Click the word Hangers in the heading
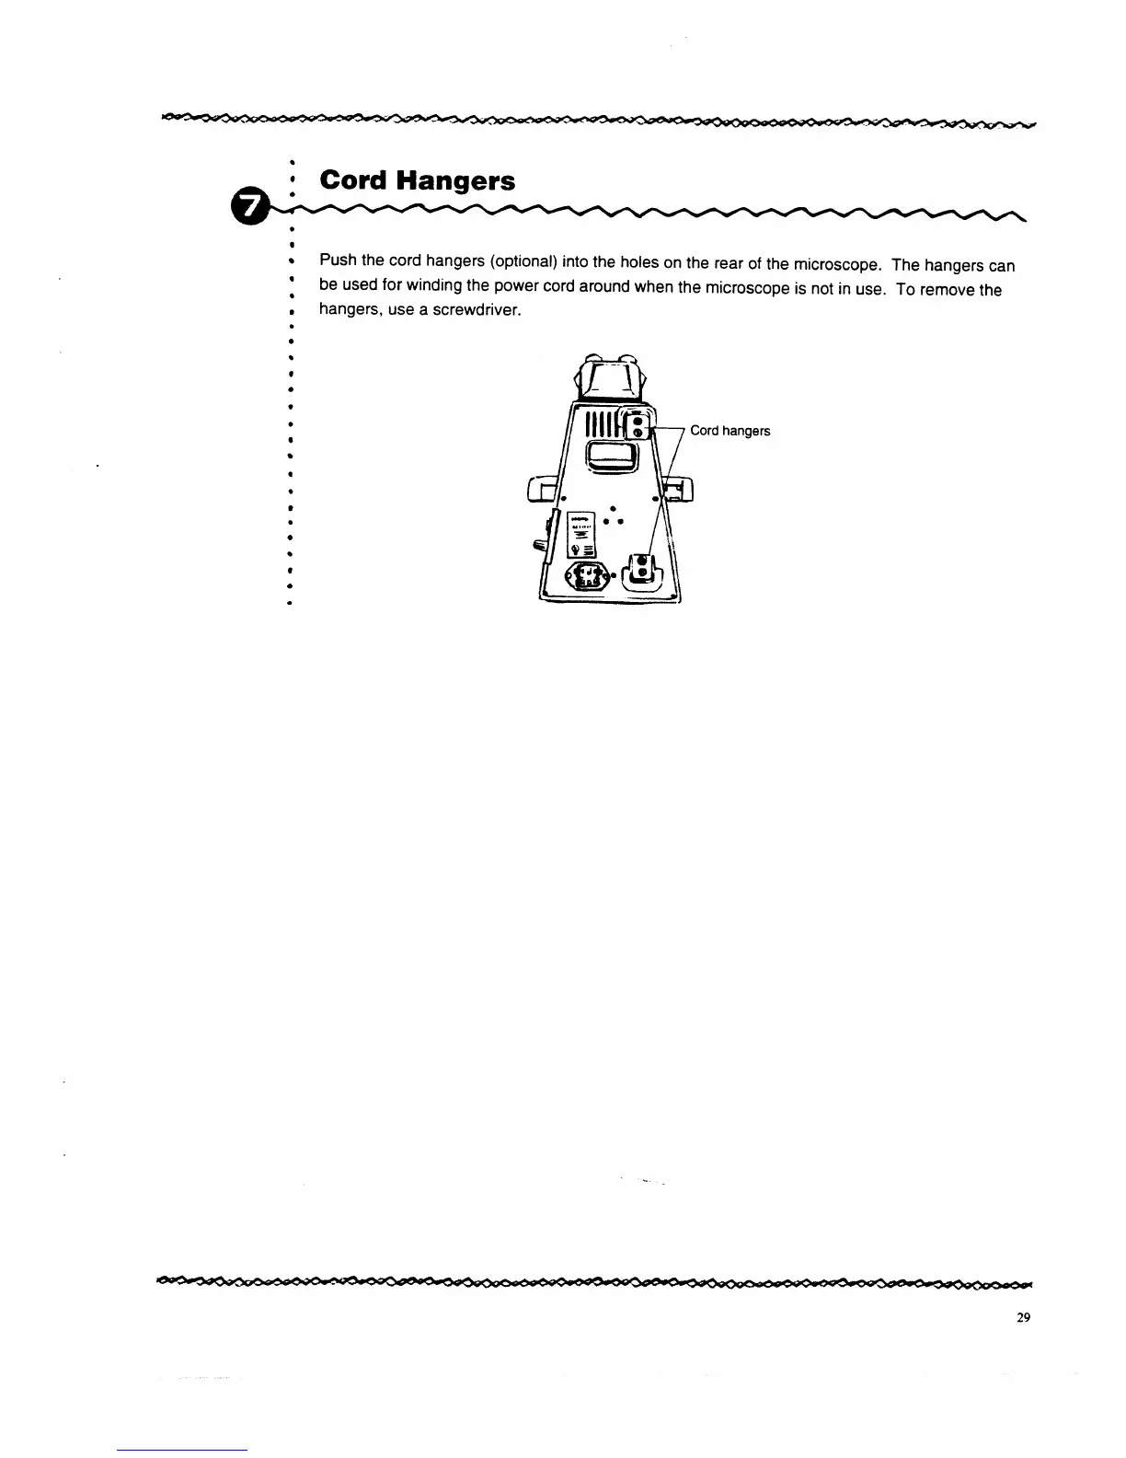[x=455, y=181]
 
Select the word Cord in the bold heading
[x=352, y=180]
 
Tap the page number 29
[x=1024, y=1317]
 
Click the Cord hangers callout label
[x=730, y=431]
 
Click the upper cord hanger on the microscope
[x=638, y=425]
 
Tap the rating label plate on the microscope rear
[x=581, y=533]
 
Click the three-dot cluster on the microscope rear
[x=613, y=518]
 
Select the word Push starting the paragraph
[x=334, y=265]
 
